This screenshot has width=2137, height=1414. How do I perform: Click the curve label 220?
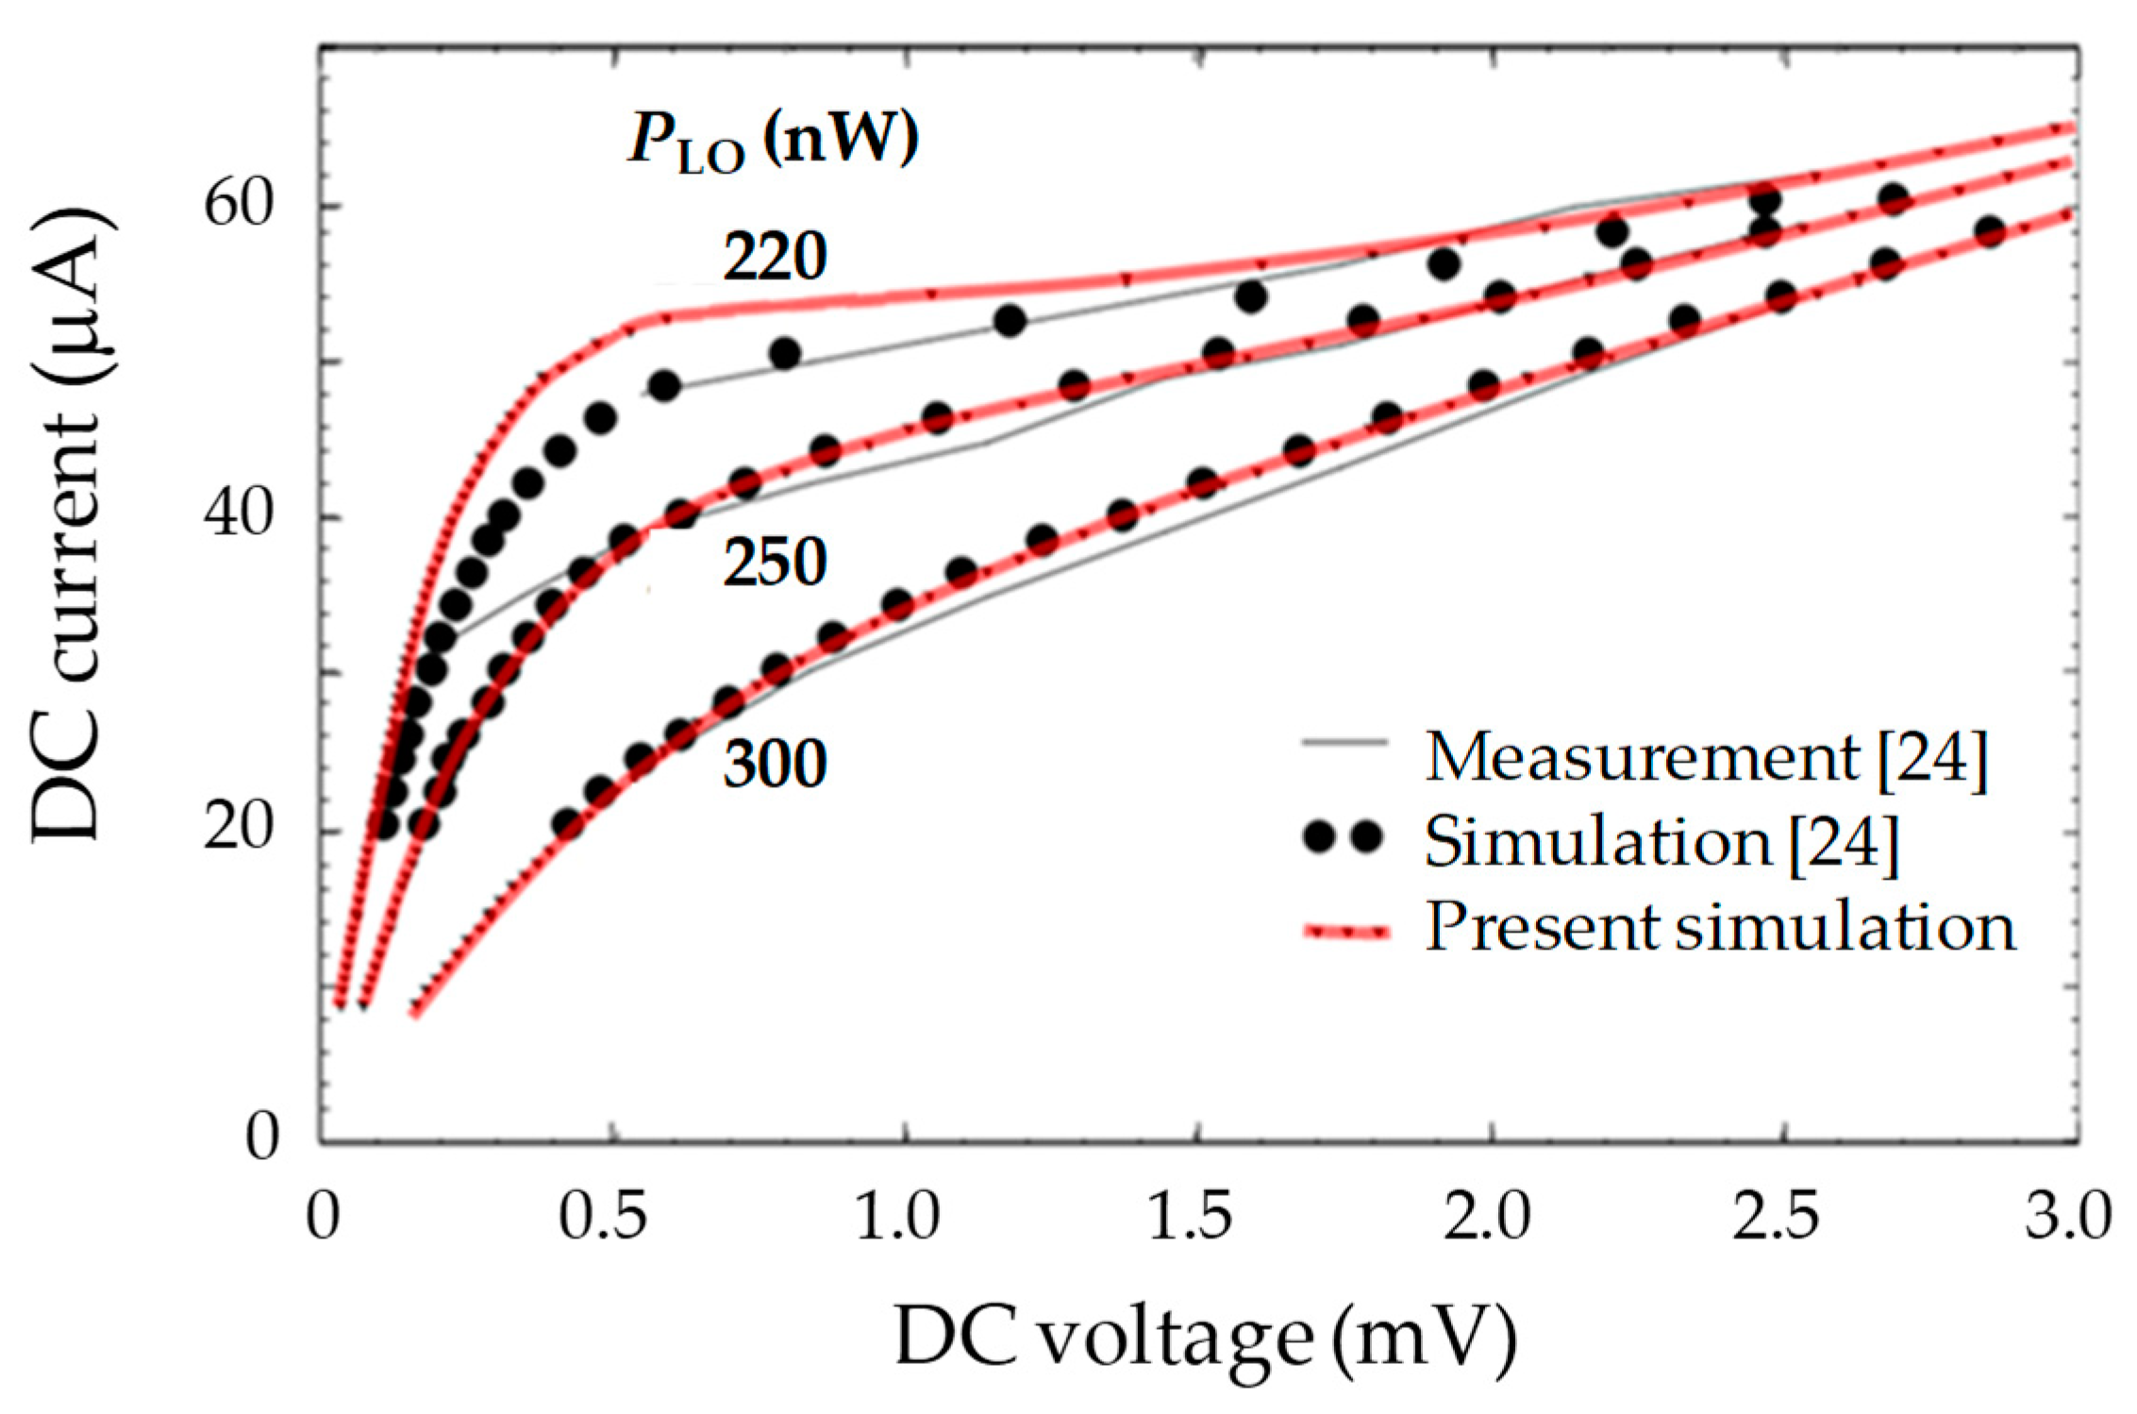pos(775,257)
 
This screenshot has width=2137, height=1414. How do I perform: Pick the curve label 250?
pos(775,564)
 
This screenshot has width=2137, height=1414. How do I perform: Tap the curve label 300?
pos(775,764)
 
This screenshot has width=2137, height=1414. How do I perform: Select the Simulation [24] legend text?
pos(1661,841)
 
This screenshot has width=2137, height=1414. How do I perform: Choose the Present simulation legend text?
pos(1720,927)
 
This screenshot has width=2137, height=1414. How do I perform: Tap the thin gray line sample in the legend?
pos(1344,743)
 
